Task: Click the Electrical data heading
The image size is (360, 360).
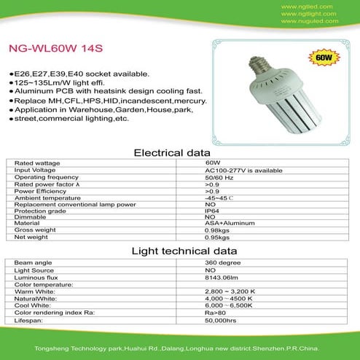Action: click(179, 153)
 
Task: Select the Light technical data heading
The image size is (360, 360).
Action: click(179, 251)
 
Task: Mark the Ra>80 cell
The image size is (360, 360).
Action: click(215, 312)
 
